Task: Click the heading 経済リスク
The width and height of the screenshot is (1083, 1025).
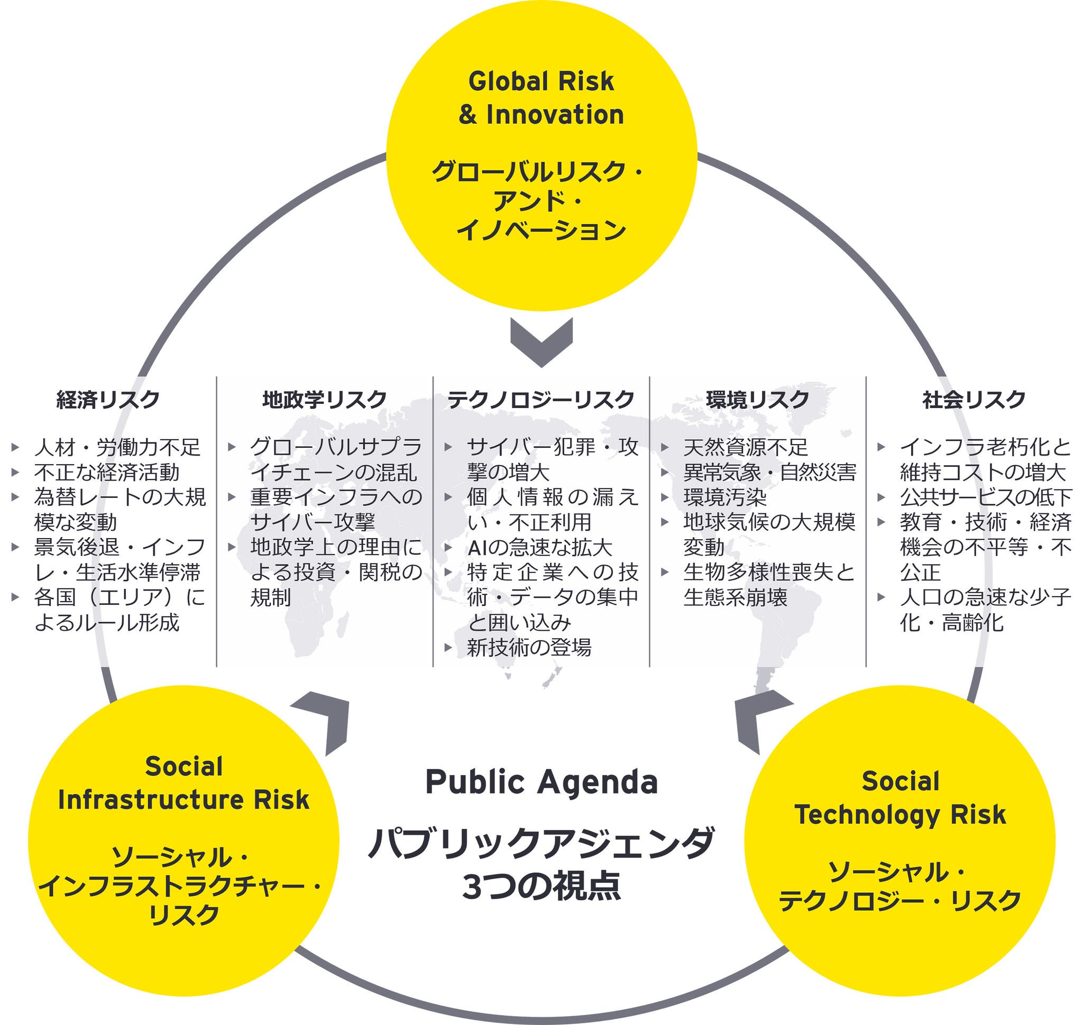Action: tap(108, 400)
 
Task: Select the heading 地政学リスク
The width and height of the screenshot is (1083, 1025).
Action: tap(324, 400)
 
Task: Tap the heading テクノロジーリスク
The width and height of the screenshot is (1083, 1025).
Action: tap(540, 400)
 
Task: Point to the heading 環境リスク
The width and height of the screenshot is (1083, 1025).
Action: tap(757, 400)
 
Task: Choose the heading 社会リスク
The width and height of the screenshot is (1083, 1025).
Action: tap(974, 400)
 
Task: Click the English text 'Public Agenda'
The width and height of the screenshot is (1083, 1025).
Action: tap(541, 782)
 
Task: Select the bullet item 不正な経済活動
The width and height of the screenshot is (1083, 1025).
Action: tap(107, 472)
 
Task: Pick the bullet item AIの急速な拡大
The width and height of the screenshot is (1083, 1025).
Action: tap(539, 548)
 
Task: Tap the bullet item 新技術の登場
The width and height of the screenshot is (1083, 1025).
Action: tap(529, 648)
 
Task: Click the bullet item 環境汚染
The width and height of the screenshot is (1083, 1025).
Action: tap(724, 497)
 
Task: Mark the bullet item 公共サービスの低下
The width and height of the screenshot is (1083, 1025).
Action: tap(986, 497)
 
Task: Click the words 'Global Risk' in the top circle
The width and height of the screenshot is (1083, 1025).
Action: tap(541, 82)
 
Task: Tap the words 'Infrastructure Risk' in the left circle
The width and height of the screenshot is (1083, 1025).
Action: tap(183, 800)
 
